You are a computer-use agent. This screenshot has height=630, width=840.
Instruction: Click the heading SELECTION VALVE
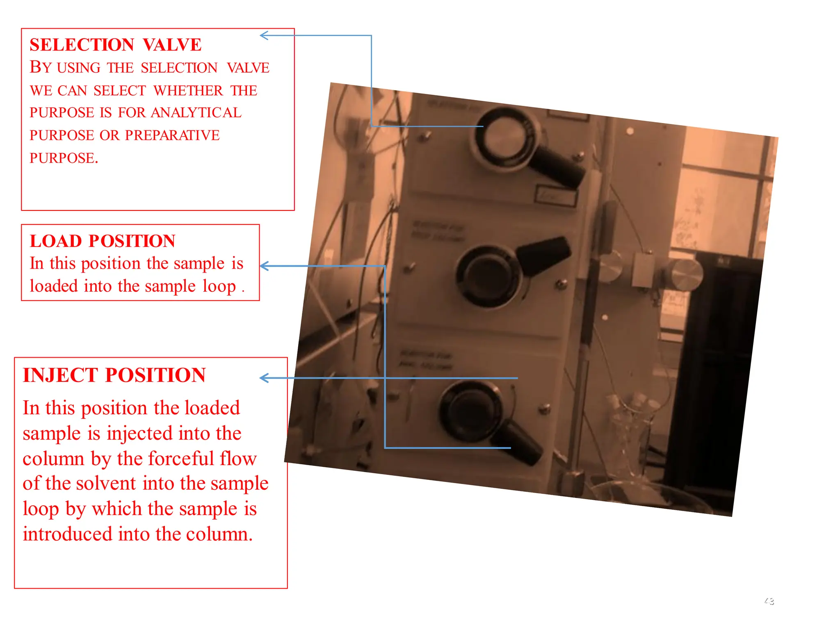tap(115, 45)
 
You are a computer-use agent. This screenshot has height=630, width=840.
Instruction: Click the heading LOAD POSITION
tap(103, 241)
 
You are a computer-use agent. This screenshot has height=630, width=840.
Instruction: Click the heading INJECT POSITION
tap(114, 375)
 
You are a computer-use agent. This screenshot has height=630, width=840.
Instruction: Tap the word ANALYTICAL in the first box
tap(196, 113)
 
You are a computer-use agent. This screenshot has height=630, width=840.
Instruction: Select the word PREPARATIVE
tap(172, 135)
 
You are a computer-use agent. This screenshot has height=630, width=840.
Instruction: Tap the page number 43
tap(769, 601)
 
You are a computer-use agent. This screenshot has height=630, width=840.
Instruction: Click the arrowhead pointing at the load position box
tap(264, 266)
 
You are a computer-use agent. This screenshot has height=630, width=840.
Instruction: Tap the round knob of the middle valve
tap(488, 275)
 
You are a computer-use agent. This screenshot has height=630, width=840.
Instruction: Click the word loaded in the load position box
tap(54, 286)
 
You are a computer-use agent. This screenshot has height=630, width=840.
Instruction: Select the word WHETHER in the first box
tap(188, 91)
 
